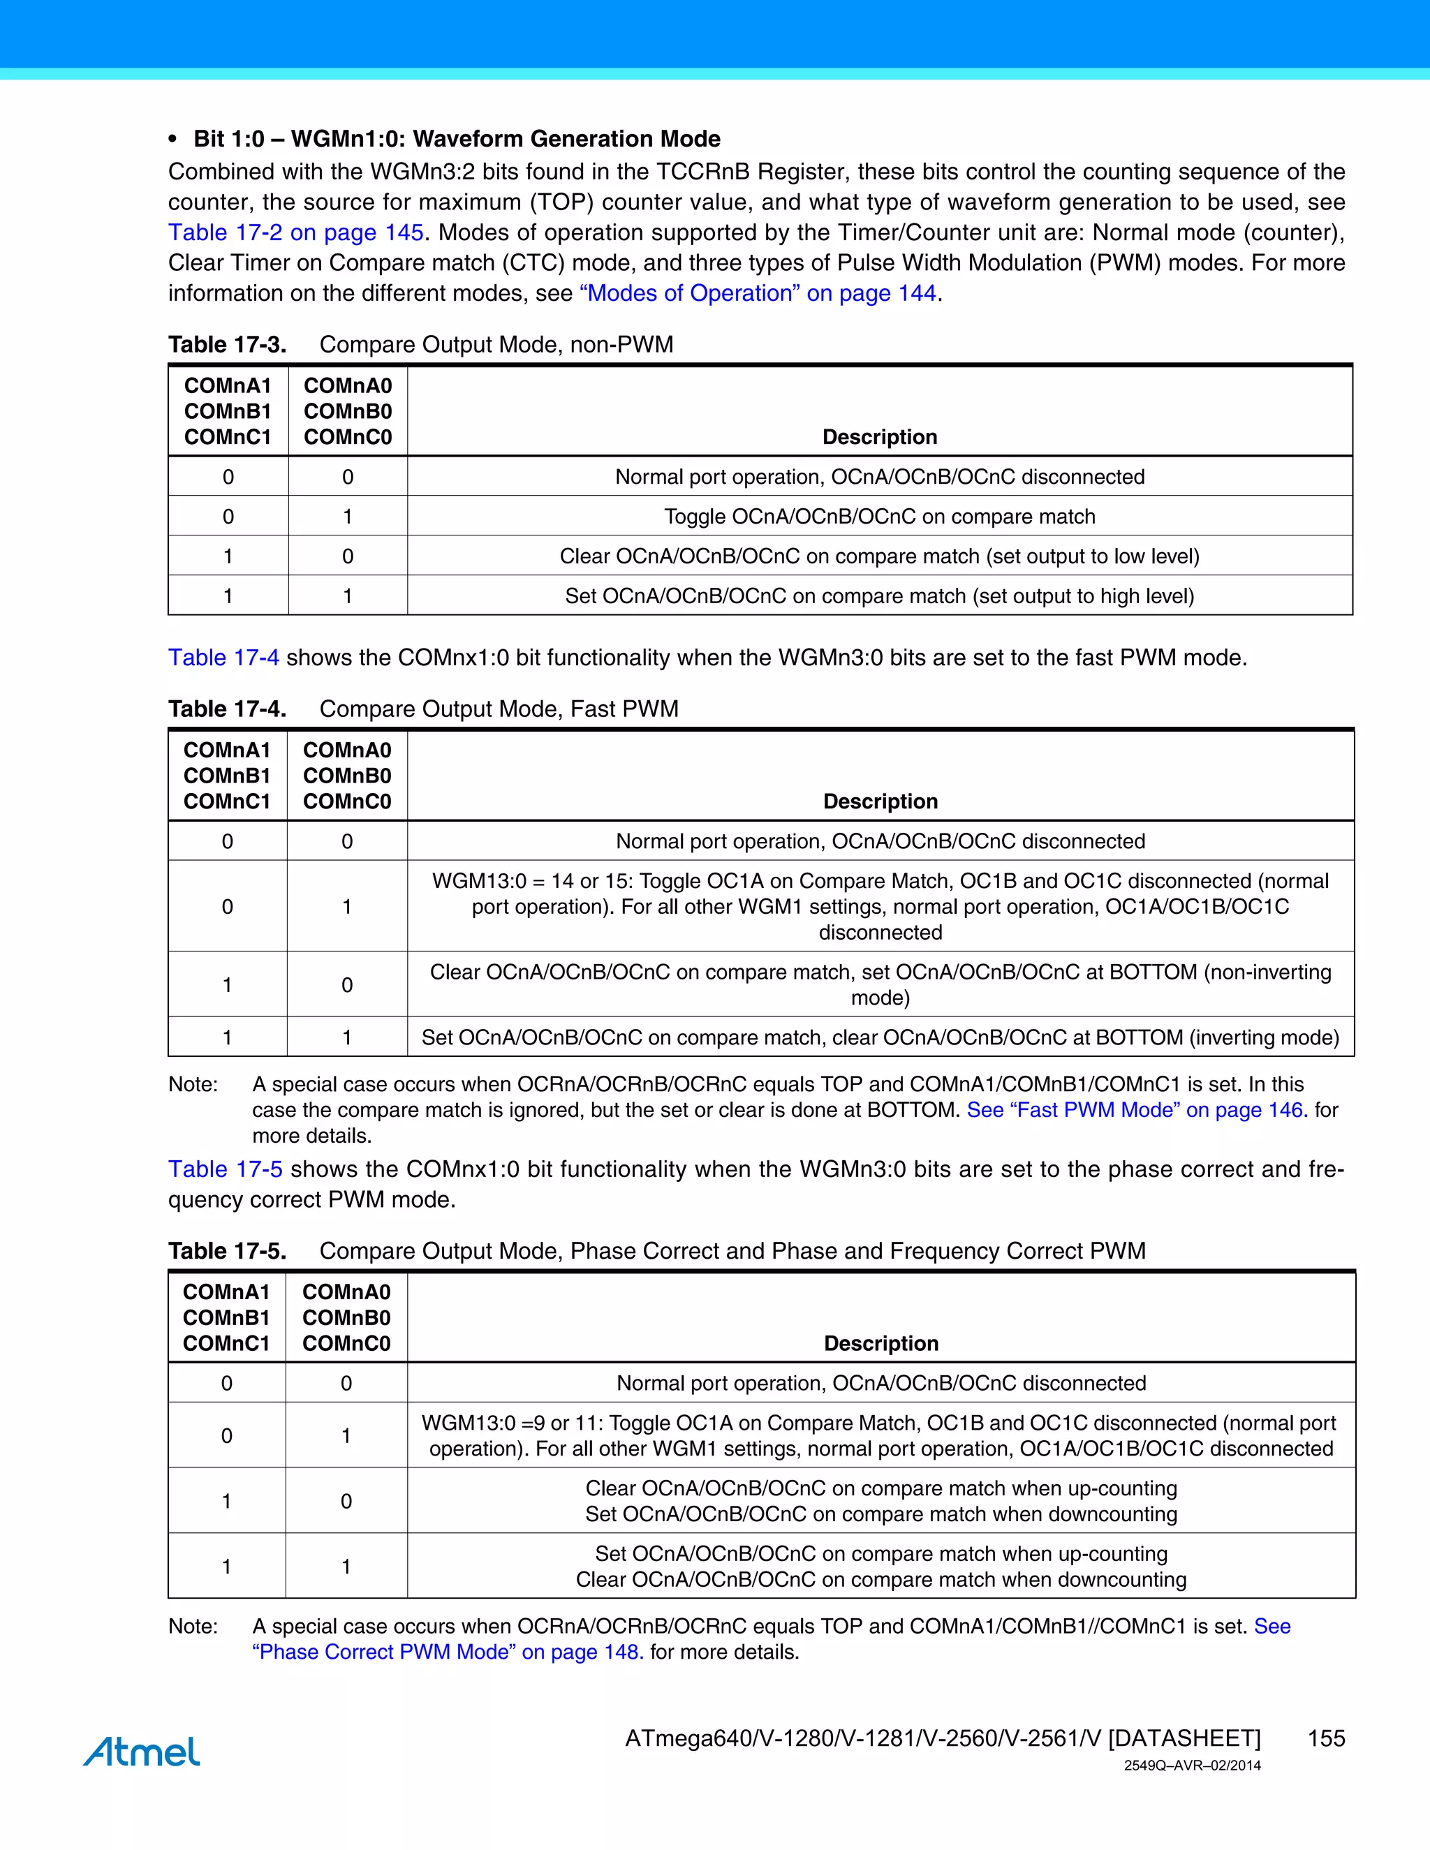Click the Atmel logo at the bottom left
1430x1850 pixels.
(x=142, y=1751)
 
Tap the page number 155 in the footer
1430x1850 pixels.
(x=1326, y=1738)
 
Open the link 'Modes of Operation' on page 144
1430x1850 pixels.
(x=758, y=293)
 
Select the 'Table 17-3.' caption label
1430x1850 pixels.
(x=227, y=345)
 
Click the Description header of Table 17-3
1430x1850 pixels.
(x=879, y=437)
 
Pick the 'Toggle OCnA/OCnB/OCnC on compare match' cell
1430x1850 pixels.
(x=879, y=517)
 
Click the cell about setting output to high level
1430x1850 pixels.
(x=879, y=596)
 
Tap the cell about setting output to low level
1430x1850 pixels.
(x=879, y=556)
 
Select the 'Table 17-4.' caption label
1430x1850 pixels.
(x=227, y=709)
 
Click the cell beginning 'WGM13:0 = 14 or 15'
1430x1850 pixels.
(x=880, y=906)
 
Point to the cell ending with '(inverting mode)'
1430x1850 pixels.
(x=880, y=1037)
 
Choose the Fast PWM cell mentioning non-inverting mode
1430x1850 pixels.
(x=880, y=984)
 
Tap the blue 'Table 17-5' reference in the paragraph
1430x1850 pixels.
(x=225, y=1170)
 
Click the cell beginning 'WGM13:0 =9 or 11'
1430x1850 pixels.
(x=880, y=1436)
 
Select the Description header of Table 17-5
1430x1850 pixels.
(x=881, y=1343)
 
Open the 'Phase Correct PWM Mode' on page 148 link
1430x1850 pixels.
(x=448, y=1652)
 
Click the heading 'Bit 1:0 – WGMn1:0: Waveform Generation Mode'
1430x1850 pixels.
(x=457, y=139)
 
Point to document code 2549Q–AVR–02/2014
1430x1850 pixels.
(x=1192, y=1766)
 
